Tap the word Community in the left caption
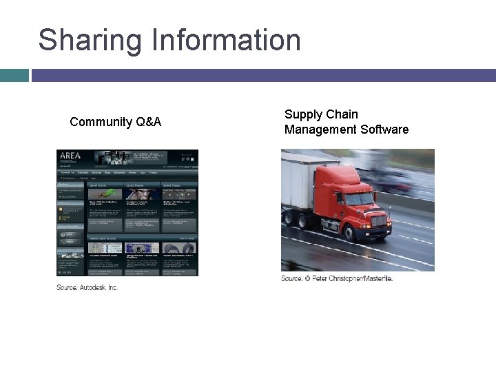(x=101, y=122)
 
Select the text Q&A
(x=149, y=122)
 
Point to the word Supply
(x=302, y=114)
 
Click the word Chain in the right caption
(x=342, y=114)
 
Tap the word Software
(x=384, y=130)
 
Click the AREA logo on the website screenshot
(x=71, y=156)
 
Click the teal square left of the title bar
(x=14, y=75)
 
